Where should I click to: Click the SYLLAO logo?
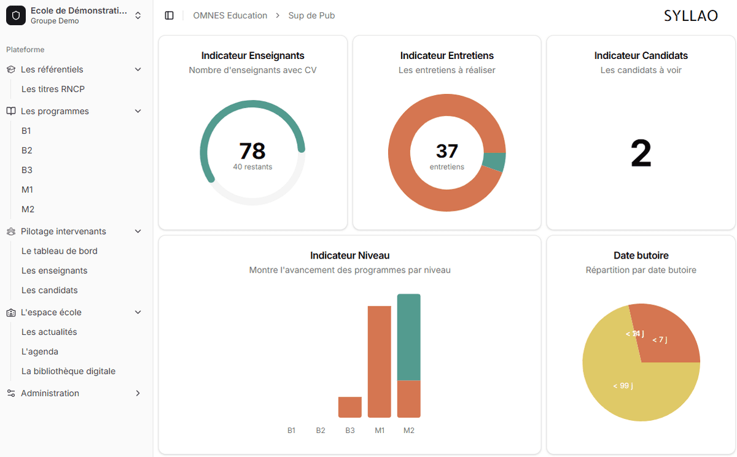coord(690,16)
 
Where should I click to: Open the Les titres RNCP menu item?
coord(53,89)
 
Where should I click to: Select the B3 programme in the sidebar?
coord(27,170)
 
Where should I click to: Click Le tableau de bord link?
coord(59,251)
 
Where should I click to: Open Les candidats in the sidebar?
coord(49,291)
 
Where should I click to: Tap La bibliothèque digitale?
coord(68,372)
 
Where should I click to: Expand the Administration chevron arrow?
coord(138,393)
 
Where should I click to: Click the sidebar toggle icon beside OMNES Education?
coord(170,16)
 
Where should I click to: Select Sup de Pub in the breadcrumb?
coord(311,16)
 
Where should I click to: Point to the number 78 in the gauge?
coord(252,151)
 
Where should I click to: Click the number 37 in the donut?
coord(447,151)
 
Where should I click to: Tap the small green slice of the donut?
coord(494,162)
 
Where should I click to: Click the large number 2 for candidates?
coord(641,154)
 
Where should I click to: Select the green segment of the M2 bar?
coord(409,337)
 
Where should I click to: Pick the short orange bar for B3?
coord(350,407)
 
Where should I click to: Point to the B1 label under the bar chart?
coord(291,431)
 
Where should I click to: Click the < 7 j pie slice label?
coord(659,340)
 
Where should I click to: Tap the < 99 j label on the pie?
coord(623,386)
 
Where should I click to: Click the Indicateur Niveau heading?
coord(349,256)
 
